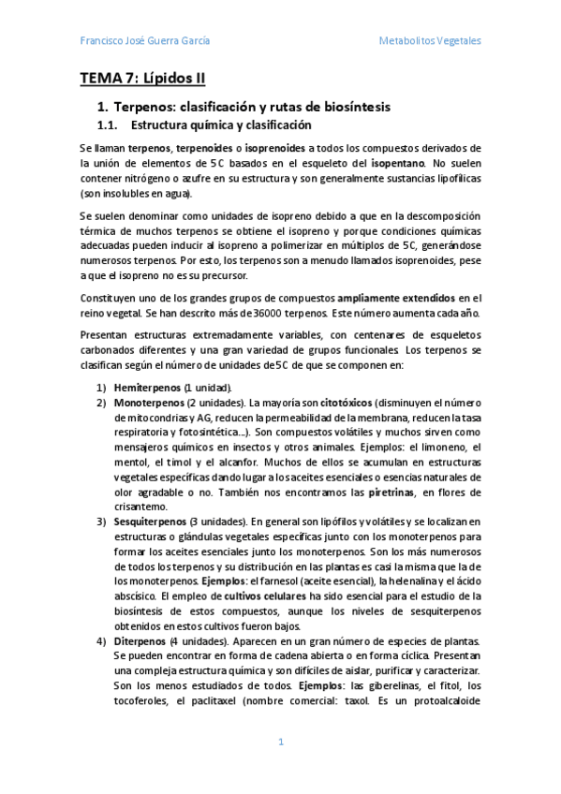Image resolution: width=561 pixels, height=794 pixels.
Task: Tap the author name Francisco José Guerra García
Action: pyautogui.click(x=145, y=41)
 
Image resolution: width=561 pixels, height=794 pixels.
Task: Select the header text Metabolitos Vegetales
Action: pyautogui.click(x=430, y=41)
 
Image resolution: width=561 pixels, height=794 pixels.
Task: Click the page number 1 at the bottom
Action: pyautogui.click(x=280, y=742)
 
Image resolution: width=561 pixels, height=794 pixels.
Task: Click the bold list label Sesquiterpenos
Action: pyautogui.click(x=151, y=522)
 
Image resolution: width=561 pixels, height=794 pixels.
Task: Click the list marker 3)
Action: pyautogui.click(x=102, y=522)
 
